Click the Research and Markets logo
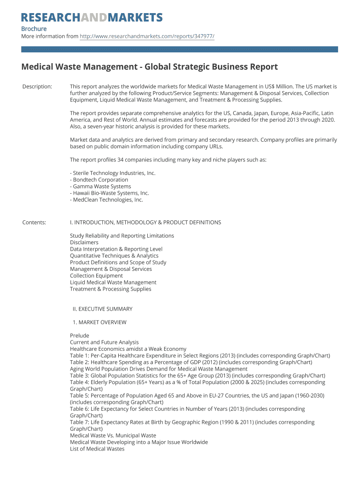92,18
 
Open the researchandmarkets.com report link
147,36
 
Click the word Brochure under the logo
34,29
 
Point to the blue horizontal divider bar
180,49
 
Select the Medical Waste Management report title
150,67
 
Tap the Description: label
37,87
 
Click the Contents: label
34,222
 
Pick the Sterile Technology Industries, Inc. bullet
113,173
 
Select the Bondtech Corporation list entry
99,180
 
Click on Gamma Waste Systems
101,186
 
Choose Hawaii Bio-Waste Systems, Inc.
109,193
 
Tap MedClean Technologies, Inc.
107,200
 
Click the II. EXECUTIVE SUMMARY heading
102,309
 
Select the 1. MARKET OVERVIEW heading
100,322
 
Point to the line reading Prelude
79,335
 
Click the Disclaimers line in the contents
84,242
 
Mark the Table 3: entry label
79,376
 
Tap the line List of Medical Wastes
97,449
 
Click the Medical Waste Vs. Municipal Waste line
113,435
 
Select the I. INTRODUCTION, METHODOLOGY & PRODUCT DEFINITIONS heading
145,222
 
